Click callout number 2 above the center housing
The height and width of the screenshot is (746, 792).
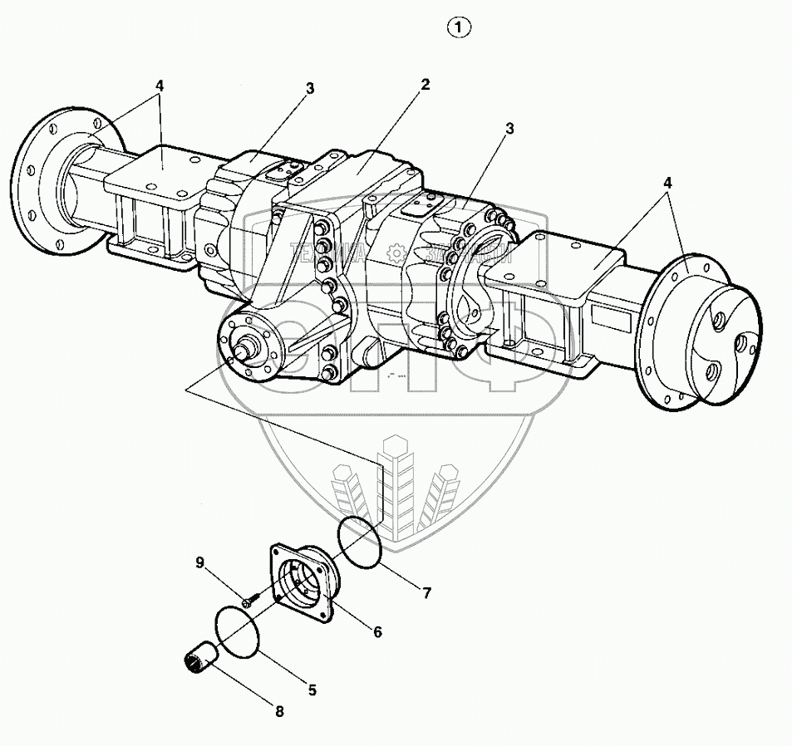point(425,84)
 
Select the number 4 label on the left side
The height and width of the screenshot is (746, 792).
point(159,86)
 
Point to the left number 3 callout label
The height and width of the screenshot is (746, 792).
point(309,87)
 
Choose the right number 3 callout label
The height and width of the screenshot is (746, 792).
point(509,129)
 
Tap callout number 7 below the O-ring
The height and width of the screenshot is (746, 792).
point(426,593)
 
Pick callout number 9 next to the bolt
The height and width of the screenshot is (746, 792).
point(200,562)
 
